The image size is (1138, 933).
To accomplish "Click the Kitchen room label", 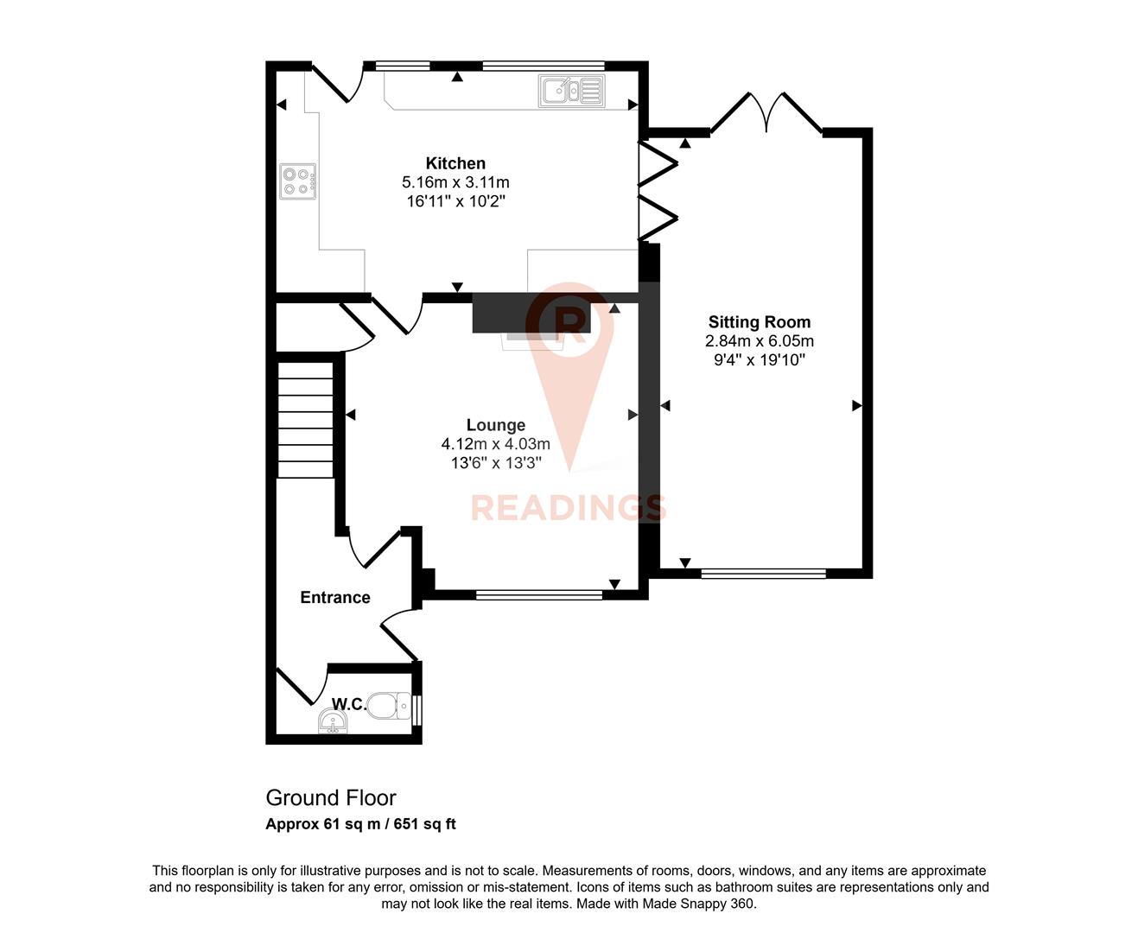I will pos(455,163).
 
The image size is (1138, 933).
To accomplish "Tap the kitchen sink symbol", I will pos(571,91).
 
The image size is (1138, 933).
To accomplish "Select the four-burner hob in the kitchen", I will pos(297,181).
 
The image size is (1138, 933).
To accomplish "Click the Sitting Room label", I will pos(759,322).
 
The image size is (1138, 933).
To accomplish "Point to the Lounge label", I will pos(495,425).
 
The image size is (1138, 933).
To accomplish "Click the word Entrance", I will pos(334,597).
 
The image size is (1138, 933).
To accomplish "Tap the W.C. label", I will pos(349,704).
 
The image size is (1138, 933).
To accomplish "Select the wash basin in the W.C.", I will pos(333,721).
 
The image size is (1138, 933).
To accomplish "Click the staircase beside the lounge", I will pos(305,419).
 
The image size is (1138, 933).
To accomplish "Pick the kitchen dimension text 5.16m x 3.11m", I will pos(455,182).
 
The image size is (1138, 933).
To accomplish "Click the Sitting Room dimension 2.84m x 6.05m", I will pos(759,341).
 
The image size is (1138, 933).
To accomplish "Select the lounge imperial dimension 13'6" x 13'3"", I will pos(495,463).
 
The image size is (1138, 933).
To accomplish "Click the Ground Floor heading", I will pos(330,797).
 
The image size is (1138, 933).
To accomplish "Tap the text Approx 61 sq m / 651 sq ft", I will pos(360,824).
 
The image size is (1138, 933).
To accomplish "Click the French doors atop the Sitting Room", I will pos(766,112).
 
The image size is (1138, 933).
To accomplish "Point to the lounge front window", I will pos(538,594).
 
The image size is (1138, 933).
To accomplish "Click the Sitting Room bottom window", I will pos(763,573).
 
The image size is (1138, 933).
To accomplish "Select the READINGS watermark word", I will pos(568,508).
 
